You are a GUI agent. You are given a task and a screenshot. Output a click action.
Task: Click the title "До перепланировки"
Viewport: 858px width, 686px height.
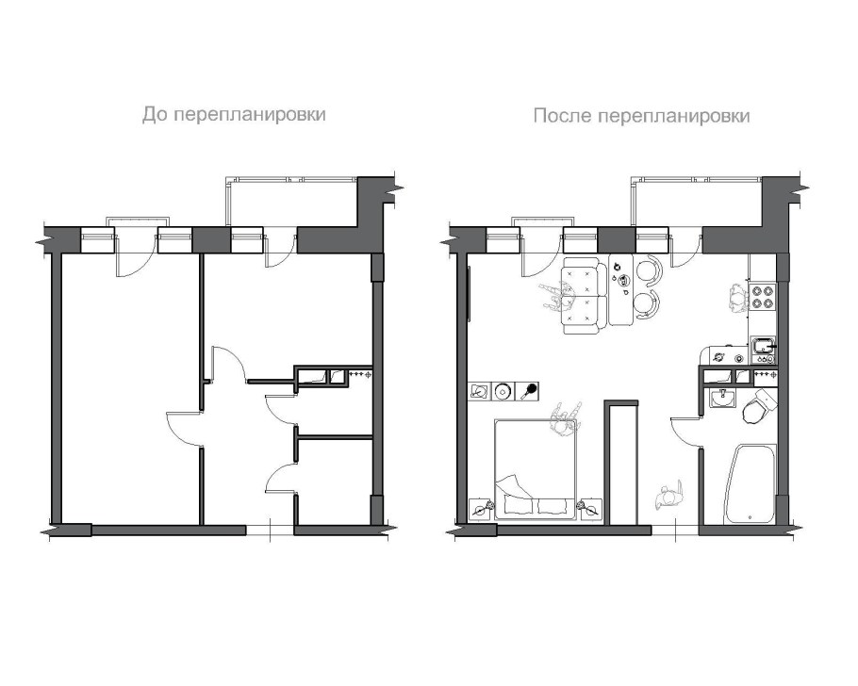point(234,115)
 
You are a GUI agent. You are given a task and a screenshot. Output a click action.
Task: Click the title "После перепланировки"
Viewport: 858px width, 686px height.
point(641,116)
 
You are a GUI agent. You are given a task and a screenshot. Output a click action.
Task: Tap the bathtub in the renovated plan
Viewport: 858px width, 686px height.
point(750,485)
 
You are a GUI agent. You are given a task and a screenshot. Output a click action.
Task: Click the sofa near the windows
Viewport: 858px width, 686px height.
point(584,294)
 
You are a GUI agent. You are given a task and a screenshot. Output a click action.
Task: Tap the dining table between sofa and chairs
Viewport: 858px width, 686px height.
point(621,289)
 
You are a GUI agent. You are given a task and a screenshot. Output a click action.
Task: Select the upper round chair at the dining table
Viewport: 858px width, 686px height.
point(649,271)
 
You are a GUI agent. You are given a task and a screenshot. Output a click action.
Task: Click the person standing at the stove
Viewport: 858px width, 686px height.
point(737,296)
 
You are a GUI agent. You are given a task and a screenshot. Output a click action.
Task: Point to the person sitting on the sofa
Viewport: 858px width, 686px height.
point(557,295)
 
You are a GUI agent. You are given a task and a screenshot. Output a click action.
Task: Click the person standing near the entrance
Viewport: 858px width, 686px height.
point(670,494)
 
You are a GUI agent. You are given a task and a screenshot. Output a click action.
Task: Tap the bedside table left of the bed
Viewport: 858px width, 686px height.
point(483,510)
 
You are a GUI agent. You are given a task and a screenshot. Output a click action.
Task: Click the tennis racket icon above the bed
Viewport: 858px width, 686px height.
point(531,390)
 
